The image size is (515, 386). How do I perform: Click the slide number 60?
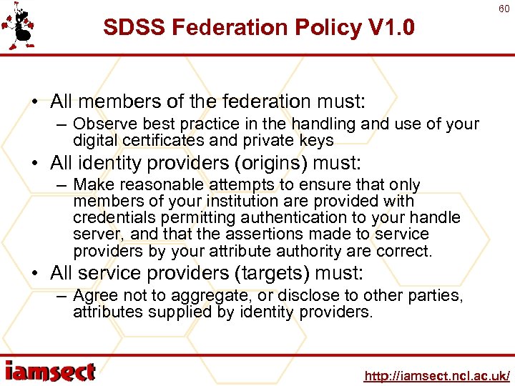[x=504, y=8]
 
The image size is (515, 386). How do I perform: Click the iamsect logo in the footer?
[x=50, y=372]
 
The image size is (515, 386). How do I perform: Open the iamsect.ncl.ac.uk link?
[x=436, y=375]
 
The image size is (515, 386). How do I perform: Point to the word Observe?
[x=100, y=124]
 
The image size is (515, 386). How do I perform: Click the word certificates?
[x=159, y=140]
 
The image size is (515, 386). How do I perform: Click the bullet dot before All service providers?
[x=36, y=274]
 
